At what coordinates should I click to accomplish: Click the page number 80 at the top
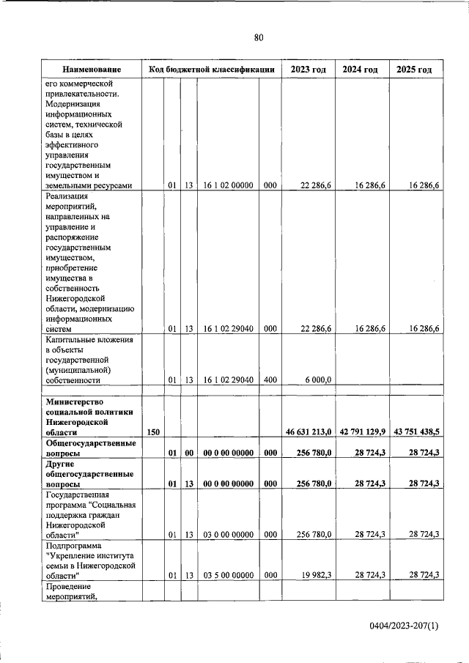pos(258,38)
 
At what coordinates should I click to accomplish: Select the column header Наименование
pos(92,70)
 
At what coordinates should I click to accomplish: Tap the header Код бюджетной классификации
pos(211,70)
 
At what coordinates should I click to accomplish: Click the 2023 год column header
pos(308,70)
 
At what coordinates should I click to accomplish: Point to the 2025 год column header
pos(414,70)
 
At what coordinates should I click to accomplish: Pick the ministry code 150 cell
pos(153,434)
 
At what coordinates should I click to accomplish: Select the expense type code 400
pos(269,379)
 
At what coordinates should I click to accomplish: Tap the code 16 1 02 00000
pos(228,186)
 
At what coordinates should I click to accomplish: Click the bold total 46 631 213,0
pos(309,434)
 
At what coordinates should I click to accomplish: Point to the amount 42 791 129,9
pos(363,434)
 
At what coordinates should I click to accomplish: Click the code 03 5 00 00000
pos(228,577)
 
